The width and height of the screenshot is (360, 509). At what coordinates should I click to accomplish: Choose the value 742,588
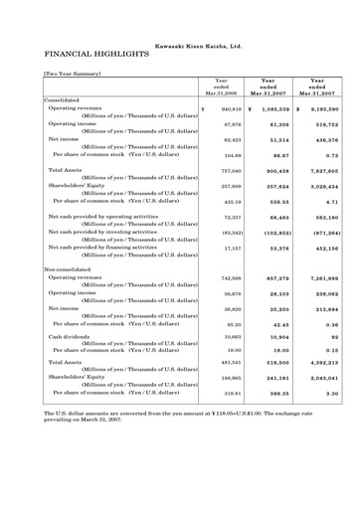pos(228,279)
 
